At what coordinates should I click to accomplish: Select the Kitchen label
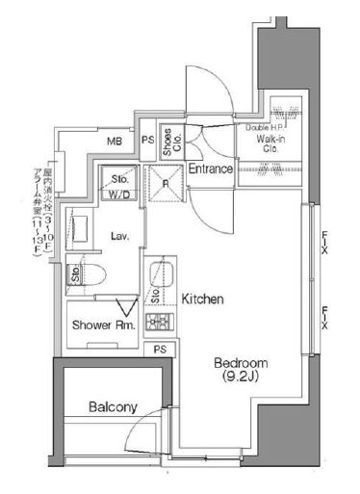click(x=202, y=300)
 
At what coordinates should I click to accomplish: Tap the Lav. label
click(x=120, y=235)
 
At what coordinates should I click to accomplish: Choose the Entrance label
click(x=209, y=169)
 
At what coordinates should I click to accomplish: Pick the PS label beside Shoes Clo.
click(x=147, y=142)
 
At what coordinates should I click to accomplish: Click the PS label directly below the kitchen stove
click(x=159, y=349)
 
